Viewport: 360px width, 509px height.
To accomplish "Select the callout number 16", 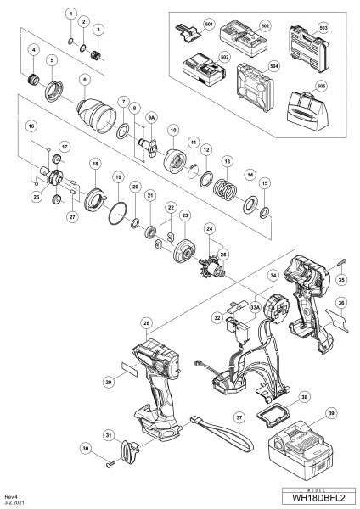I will (x=31, y=124).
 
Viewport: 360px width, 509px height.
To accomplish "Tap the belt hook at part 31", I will (x=127, y=450).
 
